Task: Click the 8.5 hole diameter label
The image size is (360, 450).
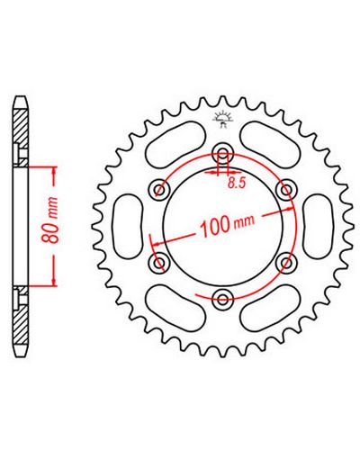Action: click(237, 183)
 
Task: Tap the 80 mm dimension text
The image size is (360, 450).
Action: click(50, 220)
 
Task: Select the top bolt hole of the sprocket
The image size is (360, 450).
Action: click(222, 153)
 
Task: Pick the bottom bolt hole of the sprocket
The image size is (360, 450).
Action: click(222, 299)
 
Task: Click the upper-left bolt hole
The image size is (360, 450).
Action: click(159, 189)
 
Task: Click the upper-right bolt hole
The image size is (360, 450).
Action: click(286, 189)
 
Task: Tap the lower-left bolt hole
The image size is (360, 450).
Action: click(159, 263)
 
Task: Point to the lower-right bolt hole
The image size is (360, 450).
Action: click(286, 263)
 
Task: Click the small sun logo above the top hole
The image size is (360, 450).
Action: click(222, 120)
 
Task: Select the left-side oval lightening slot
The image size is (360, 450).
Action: click(128, 226)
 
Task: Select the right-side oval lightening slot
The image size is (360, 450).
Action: click(318, 226)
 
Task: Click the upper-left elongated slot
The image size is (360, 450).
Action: click(175, 143)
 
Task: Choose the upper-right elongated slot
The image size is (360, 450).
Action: click(270, 143)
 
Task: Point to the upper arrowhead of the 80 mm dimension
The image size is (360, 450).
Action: click(54, 171)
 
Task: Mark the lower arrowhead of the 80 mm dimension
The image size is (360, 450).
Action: click(54, 282)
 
